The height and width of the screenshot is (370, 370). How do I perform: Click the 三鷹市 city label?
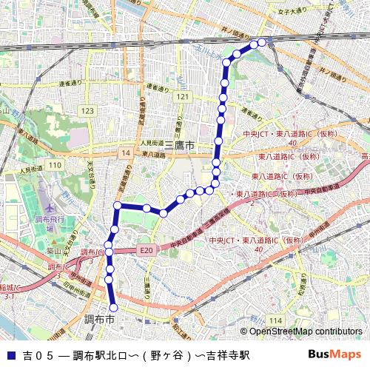(181, 147)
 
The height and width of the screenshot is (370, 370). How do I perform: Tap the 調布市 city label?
(98, 320)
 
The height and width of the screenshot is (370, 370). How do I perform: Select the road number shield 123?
(89, 110)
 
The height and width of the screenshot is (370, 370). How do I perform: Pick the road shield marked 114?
(276, 318)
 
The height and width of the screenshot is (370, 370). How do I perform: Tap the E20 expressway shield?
(146, 251)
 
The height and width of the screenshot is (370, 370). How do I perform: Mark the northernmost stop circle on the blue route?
(262, 43)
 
